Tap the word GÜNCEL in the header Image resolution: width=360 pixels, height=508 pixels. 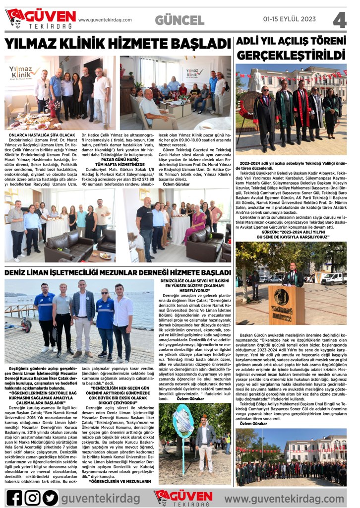click(x=180, y=20)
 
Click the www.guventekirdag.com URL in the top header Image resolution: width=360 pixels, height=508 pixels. click(x=105, y=20)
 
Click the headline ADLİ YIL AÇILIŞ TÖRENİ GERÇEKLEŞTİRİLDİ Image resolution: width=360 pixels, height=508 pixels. click(x=291, y=48)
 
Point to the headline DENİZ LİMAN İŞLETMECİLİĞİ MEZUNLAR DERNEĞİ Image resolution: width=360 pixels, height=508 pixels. click(x=118, y=272)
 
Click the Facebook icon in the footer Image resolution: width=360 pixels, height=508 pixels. click(x=14, y=497)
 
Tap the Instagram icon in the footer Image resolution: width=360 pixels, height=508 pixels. click(x=32, y=497)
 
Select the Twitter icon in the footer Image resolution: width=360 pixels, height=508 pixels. click(x=50, y=497)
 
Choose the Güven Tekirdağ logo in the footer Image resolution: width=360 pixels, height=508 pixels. click(x=183, y=497)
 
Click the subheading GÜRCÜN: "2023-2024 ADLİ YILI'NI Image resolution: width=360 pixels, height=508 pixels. click(x=291, y=234)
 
